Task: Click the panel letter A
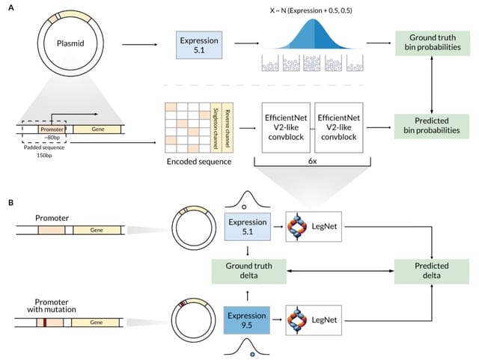click(10, 10)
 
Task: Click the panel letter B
click(10, 201)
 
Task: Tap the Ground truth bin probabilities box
click(433, 44)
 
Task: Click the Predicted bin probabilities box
click(433, 124)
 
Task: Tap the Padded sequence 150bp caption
click(44, 151)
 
